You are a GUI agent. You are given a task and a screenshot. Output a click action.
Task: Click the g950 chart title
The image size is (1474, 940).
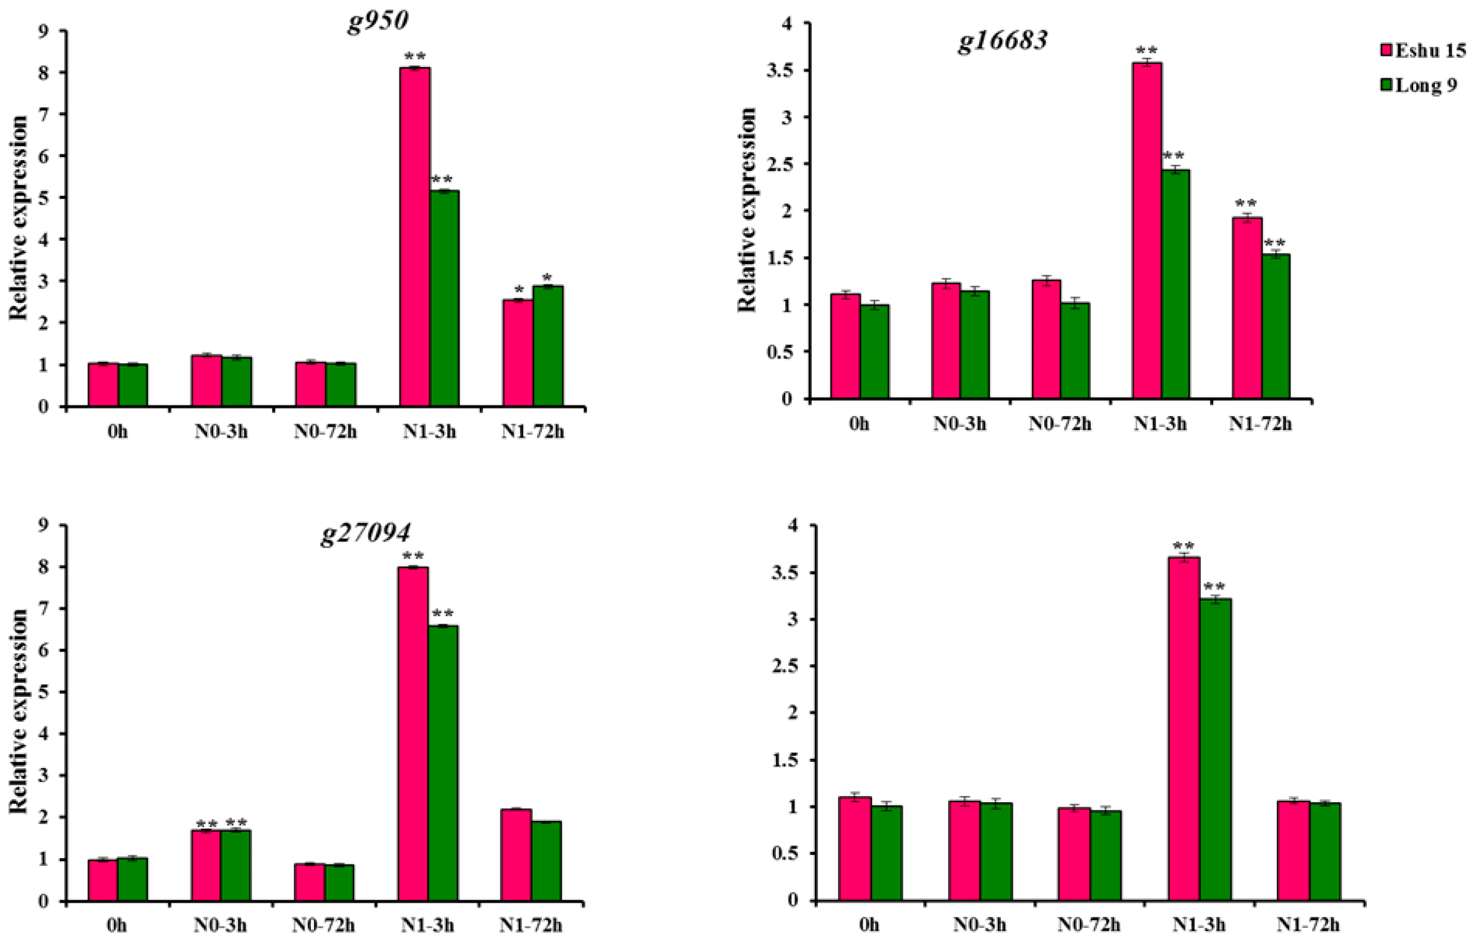pos(378,23)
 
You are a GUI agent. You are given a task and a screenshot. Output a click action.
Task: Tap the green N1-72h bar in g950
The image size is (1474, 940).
pos(548,346)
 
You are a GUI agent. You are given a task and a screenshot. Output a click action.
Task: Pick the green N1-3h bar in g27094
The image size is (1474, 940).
pos(443,763)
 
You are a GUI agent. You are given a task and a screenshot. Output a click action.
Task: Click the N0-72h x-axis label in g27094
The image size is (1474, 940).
pos(324,925)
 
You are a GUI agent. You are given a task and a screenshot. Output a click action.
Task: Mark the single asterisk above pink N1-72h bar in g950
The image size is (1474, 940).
pos(519,289)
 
